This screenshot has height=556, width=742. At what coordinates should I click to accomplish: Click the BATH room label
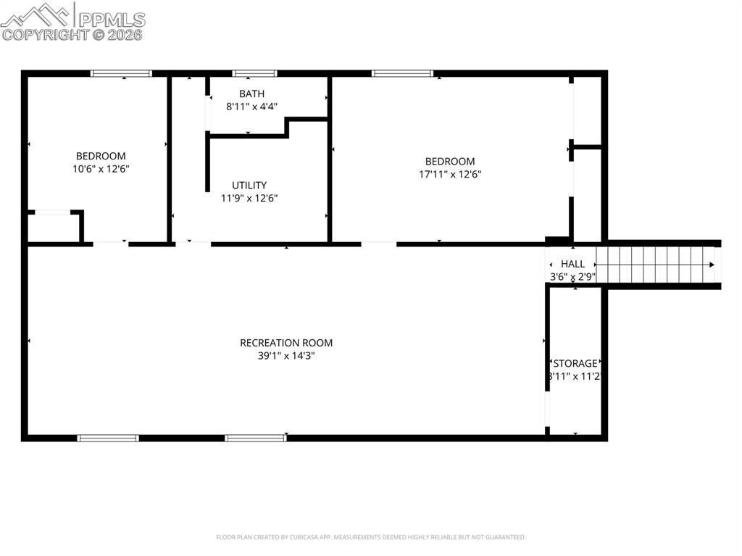coord(251,94)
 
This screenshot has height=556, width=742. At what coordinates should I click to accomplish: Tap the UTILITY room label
coord(249,185)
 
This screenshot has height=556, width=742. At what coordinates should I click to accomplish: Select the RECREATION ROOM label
coord(286,343)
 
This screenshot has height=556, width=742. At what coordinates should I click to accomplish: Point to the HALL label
coord(572,265)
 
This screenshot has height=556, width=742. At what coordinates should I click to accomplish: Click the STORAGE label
coord(575,363)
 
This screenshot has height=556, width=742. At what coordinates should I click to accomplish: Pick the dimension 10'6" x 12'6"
coord(101,168)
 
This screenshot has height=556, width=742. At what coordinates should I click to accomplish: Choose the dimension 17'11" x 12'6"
coord(449,174)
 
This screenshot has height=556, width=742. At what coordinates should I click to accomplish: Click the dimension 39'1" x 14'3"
coord(286,356)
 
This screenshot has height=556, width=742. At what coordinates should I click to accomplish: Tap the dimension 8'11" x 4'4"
coord(251,107)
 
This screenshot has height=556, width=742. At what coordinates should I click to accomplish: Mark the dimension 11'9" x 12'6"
coord(249,198)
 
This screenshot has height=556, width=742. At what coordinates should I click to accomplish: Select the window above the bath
coord(254,73)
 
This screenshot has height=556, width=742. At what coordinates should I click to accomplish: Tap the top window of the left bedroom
coord(121,73)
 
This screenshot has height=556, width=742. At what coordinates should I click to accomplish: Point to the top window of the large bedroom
coord(402,73)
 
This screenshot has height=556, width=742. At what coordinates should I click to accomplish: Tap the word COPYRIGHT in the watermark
coord(46,34)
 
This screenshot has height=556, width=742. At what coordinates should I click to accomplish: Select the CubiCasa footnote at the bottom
coord(370,537)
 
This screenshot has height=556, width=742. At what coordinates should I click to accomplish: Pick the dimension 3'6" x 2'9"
coord(572,277)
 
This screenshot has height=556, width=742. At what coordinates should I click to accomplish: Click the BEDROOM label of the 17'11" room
coord(449,162)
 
